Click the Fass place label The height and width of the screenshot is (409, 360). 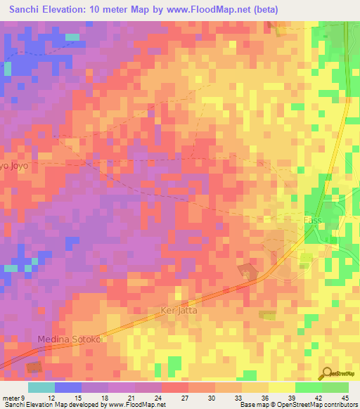click(311, 220)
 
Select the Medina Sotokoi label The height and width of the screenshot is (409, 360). click(70, 339)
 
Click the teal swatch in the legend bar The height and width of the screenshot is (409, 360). click(41, 387)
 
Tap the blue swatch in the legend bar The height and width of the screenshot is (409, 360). click(68, 387)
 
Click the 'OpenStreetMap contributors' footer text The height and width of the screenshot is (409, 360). click(323, 405)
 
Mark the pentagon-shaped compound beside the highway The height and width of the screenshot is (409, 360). click(247, 271)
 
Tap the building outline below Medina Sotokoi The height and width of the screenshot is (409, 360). click(34, 367)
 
